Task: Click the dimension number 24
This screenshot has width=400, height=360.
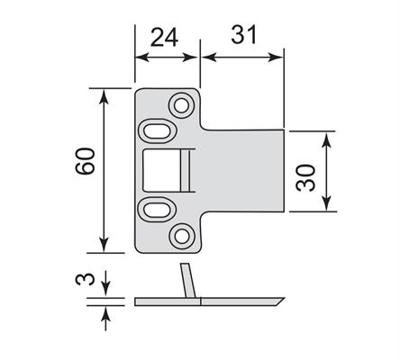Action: [164, 37]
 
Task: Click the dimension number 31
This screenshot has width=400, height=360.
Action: [244, 34]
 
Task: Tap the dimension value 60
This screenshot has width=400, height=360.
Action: [85, 161]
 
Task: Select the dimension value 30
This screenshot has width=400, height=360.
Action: [305, 177]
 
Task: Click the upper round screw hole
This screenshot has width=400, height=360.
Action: [181, 105]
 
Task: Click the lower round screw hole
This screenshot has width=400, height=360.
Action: [181, 237]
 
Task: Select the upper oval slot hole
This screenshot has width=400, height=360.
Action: [157, 130]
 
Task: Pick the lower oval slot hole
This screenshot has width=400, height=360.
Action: [157, 210]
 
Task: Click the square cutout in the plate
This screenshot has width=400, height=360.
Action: [161, 170]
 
